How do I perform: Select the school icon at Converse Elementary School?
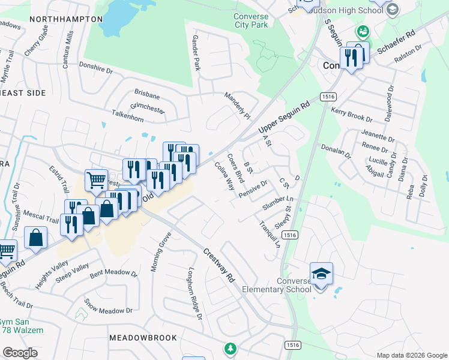(321, 274)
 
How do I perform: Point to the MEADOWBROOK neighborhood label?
(143, 338)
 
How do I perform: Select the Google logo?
(20, 353)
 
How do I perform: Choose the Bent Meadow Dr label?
(114, 273)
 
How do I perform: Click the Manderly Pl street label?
(237, 104)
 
